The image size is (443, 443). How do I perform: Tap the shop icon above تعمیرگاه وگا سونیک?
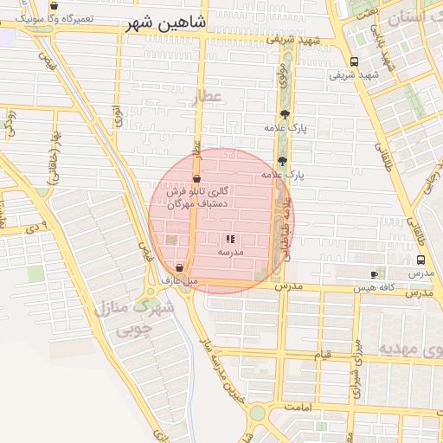click(x=55, y=6)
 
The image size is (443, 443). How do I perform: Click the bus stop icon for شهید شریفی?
click(x=354, y=61)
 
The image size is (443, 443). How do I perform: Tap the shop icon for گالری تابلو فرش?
click(x=197, y=177)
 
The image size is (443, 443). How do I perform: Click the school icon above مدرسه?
click(x=230, y=239)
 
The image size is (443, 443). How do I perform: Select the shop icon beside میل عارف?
click(x=179, y=268)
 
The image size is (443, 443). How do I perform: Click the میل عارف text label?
click(x=180, y=280)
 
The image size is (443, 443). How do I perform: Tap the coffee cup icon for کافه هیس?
click(x=374, y=274)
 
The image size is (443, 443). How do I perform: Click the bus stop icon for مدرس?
click(x=421, y=260)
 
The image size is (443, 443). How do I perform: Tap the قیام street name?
click(x=323, y=355)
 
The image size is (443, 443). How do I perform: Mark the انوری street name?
click(x=118, y=116)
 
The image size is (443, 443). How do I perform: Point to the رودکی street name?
click(x=10, y=121)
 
